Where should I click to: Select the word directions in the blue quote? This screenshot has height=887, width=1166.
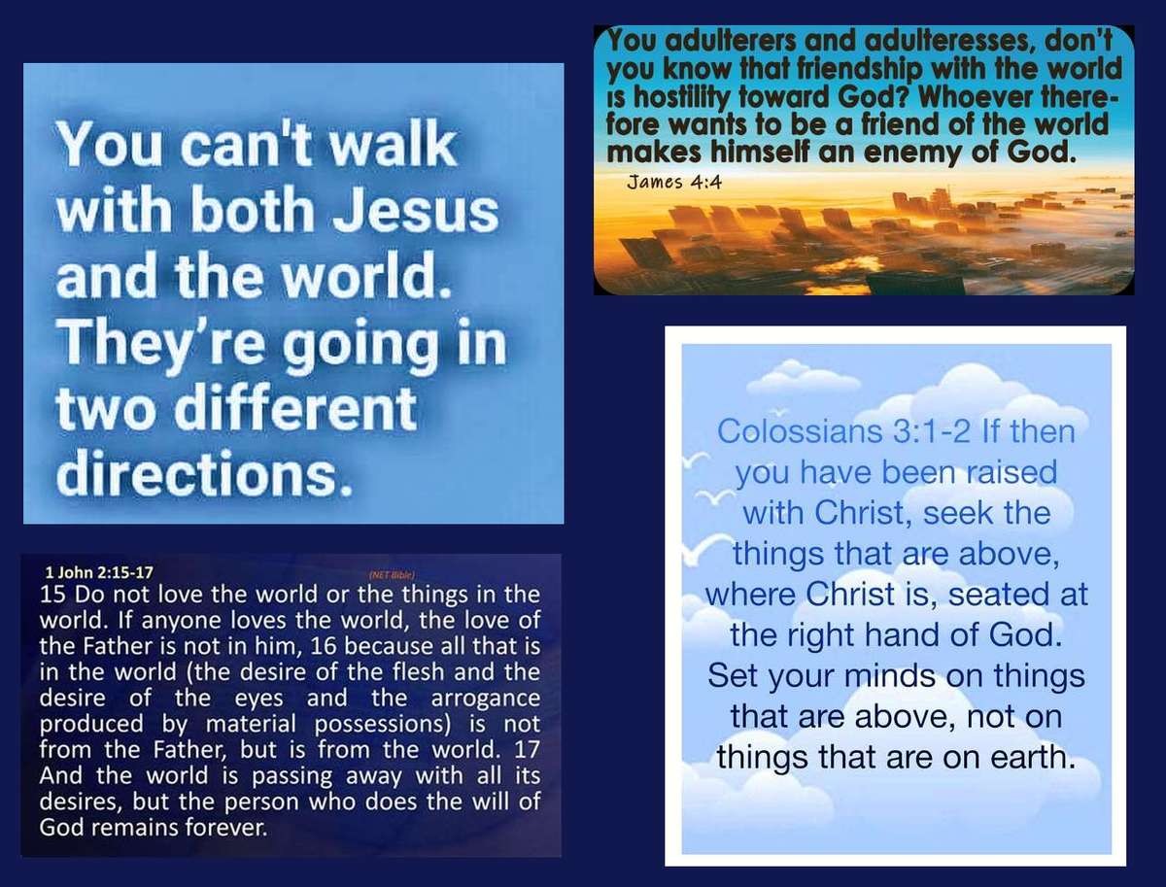point(205,471)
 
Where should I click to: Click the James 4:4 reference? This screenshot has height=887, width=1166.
point(674,183)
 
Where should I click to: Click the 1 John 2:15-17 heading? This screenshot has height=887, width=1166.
point(99,572)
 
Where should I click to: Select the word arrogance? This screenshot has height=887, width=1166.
point(486,699)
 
